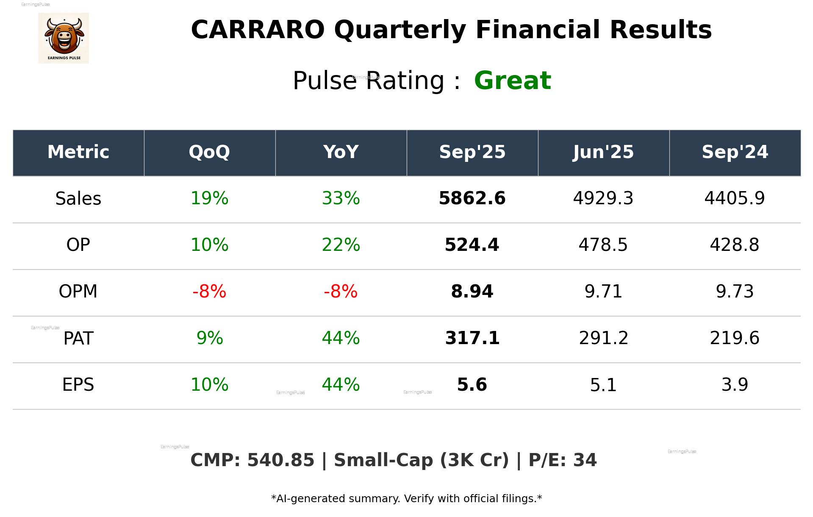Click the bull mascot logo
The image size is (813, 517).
click(64, 38)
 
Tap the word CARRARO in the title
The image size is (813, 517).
click(258, 30)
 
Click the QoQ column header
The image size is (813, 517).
click(209, 152)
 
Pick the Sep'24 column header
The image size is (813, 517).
click(735, 152)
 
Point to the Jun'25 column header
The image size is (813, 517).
click(603, 152)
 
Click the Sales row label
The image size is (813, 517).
click(78, 199)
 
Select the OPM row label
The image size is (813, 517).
click(78, 292)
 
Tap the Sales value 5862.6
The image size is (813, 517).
click(472, 198)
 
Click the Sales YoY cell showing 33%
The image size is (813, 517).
click(341, 198)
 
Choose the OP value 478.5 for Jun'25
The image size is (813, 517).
click(603, 245)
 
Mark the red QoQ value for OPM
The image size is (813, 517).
click(209, 292)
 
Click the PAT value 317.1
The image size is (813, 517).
click(472, 338)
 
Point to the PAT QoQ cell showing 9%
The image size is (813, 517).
click(209, 338)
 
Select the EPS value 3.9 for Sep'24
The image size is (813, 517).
click(735, 385)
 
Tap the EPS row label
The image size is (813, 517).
click(78, 385)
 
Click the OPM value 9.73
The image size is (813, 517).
click(735, 292)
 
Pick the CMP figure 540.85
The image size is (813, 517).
click(280, 460)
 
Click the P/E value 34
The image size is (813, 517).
click(585, 460)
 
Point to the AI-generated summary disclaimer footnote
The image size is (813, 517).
click(406, 499)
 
